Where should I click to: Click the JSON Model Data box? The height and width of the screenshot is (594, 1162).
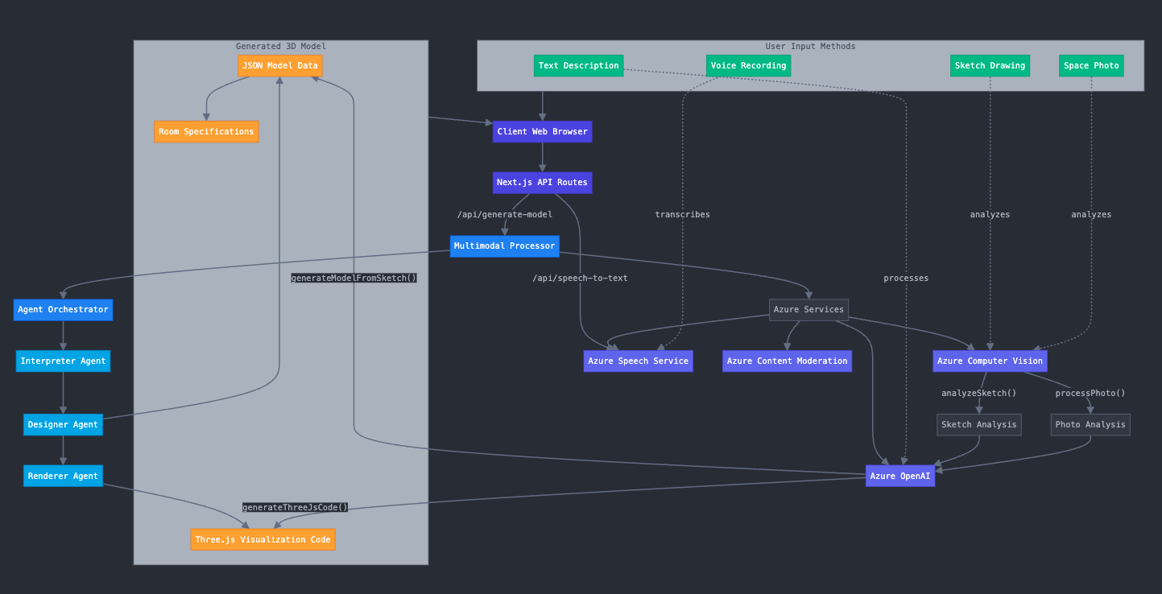(279, 66)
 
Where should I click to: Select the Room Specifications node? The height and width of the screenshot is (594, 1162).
(206, 132)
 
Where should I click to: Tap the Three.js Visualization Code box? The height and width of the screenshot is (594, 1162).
(263, 539)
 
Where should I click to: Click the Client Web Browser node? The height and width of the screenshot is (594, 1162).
(542, 132)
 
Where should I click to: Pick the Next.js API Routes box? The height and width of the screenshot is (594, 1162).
(542, 183)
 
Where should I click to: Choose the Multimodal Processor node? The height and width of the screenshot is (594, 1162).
(504, 246)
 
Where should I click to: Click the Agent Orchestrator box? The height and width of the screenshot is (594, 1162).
(63, 310)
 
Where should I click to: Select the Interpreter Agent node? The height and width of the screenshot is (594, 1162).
(63, 361)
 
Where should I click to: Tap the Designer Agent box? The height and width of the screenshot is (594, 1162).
(63, 425)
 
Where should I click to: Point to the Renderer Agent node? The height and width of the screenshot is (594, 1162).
(63, 476)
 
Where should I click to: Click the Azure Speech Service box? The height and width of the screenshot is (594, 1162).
(638, 361)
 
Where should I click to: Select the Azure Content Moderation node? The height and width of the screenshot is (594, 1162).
(787, 361)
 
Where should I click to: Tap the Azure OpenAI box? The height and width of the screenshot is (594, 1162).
(899, 476)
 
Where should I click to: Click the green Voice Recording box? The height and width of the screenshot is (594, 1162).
(748, 66)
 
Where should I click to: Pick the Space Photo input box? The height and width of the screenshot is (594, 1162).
(1090, 66)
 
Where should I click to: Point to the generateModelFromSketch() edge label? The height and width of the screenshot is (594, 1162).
(354, 278)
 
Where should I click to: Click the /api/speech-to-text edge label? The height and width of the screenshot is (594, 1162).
(580, 278)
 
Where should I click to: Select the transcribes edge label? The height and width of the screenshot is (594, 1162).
(682, 215)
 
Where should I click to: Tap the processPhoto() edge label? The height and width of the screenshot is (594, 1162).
(1090, 394)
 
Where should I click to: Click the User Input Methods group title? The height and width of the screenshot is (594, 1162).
(810, 47)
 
